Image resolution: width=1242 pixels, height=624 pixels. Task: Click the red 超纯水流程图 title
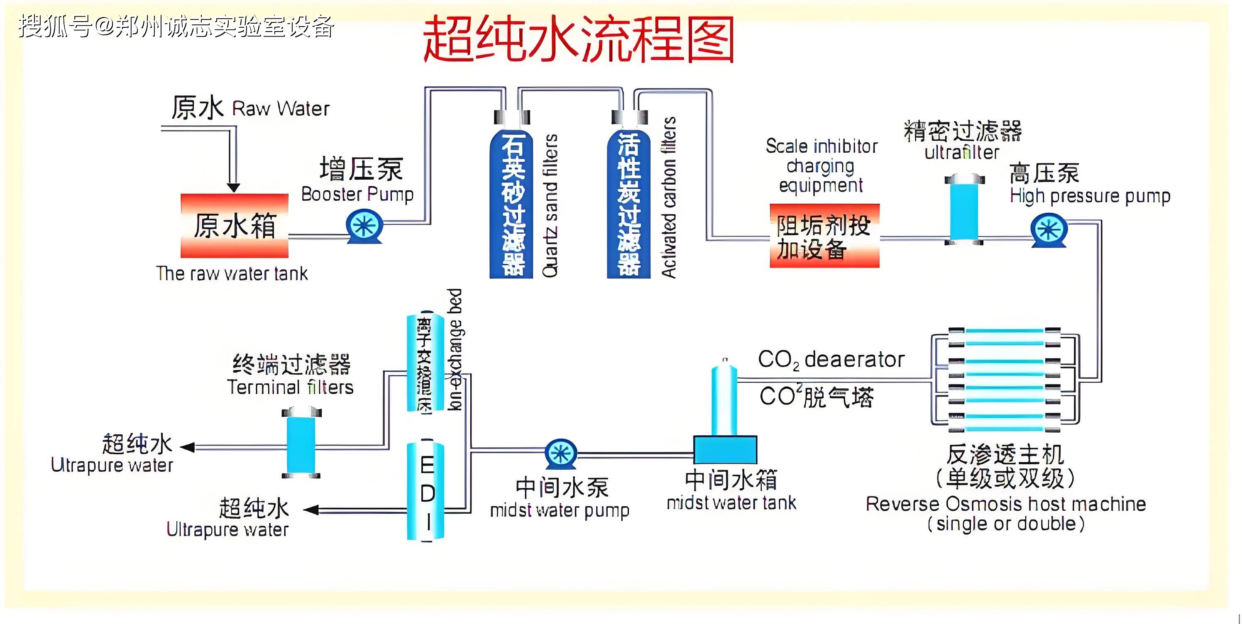(579, 39)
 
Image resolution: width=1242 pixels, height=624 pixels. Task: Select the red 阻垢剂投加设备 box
(824, 236)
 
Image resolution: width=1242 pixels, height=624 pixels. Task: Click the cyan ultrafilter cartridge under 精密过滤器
(964, 210)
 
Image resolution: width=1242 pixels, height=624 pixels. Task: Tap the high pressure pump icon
(1049, 230)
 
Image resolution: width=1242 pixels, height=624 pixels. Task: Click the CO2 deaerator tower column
(724, 400)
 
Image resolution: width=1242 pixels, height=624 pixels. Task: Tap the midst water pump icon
(561, 453)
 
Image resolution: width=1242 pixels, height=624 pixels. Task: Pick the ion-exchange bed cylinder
(425, 364)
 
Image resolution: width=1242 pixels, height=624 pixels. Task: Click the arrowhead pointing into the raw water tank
(233, 188)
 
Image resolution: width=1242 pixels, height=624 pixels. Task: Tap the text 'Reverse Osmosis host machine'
(1005, 504)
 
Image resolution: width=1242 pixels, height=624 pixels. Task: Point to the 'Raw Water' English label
(281, 108)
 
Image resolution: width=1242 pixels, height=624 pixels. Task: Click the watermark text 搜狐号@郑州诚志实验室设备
(176, 27)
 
